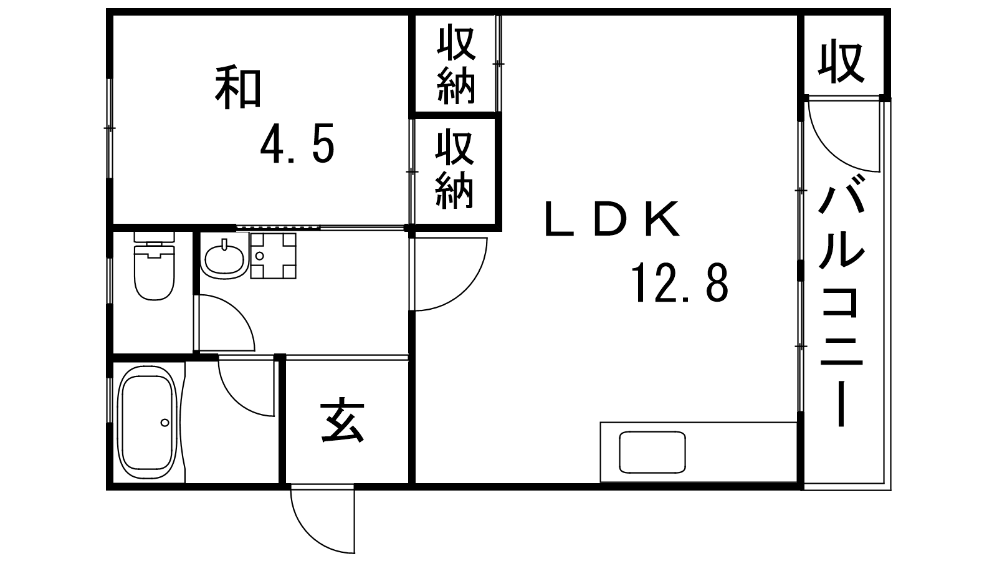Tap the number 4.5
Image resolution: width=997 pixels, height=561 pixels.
(297, 145)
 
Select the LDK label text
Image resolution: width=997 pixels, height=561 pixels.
(611, 220)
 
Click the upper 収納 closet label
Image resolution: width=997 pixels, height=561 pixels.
(456, 64)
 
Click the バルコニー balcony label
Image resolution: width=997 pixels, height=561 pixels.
(841, 299)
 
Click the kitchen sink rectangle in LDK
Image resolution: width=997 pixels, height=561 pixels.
(652, 452)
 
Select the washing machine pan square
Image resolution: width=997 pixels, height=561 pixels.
(272, 256)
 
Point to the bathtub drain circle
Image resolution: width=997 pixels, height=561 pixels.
(165, 422)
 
